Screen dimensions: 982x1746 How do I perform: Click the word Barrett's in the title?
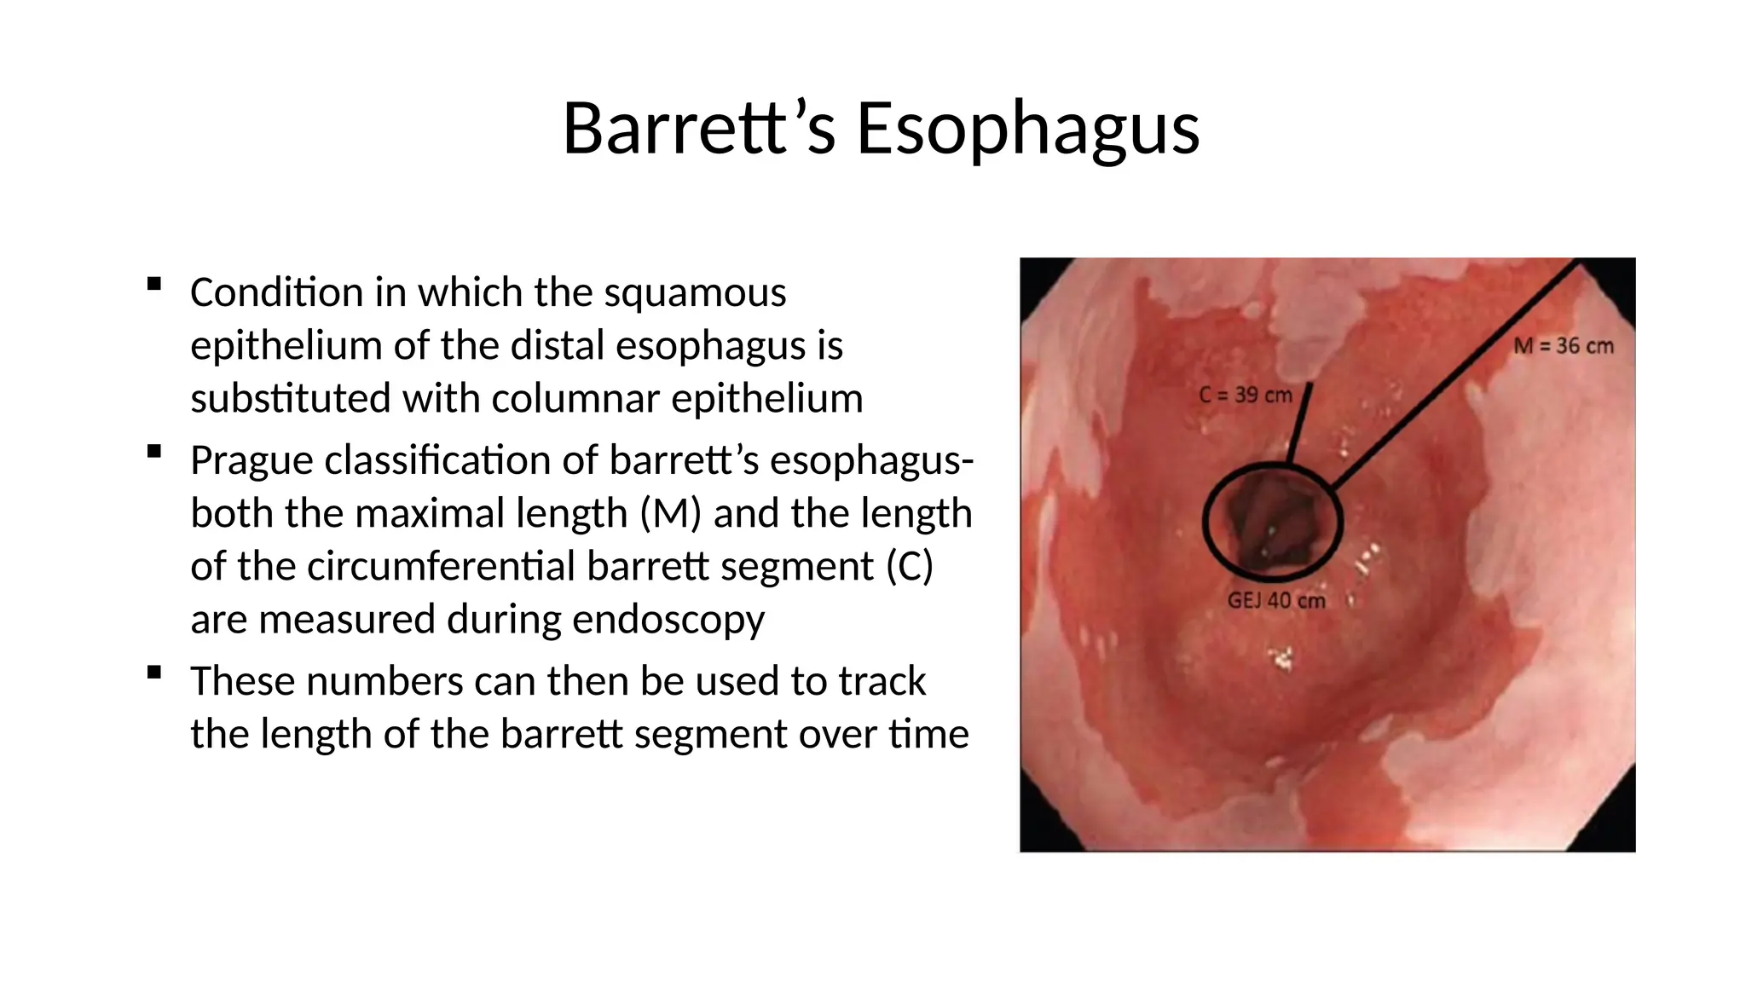(699, 129)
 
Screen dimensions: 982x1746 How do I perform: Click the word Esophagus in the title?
(1027, 129)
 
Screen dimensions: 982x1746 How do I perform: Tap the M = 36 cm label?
(1563, 346)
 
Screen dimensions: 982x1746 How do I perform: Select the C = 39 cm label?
(1246, 396)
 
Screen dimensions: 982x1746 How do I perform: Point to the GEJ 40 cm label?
(1276, 601)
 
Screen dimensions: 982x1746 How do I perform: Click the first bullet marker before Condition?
(153, 284)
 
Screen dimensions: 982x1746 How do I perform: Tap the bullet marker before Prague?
(153, 452)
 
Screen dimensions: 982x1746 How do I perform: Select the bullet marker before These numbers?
(153, 673)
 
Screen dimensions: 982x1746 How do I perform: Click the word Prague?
(251, 461)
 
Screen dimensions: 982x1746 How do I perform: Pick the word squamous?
(695, 293)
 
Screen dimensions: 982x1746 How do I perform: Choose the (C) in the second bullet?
(910, 567)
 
